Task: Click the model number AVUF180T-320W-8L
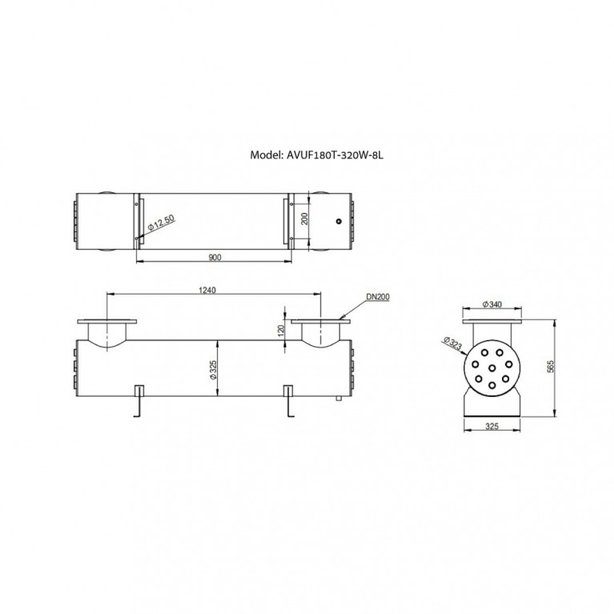coord(335,155)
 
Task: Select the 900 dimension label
coord(215,257)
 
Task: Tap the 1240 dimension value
coord(207,290)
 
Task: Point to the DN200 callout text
coord(378,297)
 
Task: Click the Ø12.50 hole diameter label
coord(161,222)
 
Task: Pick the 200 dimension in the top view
coord(305,219)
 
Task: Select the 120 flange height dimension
coord(280,331)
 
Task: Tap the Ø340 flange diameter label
coord(492,304)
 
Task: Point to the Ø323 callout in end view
coord(453,343)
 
